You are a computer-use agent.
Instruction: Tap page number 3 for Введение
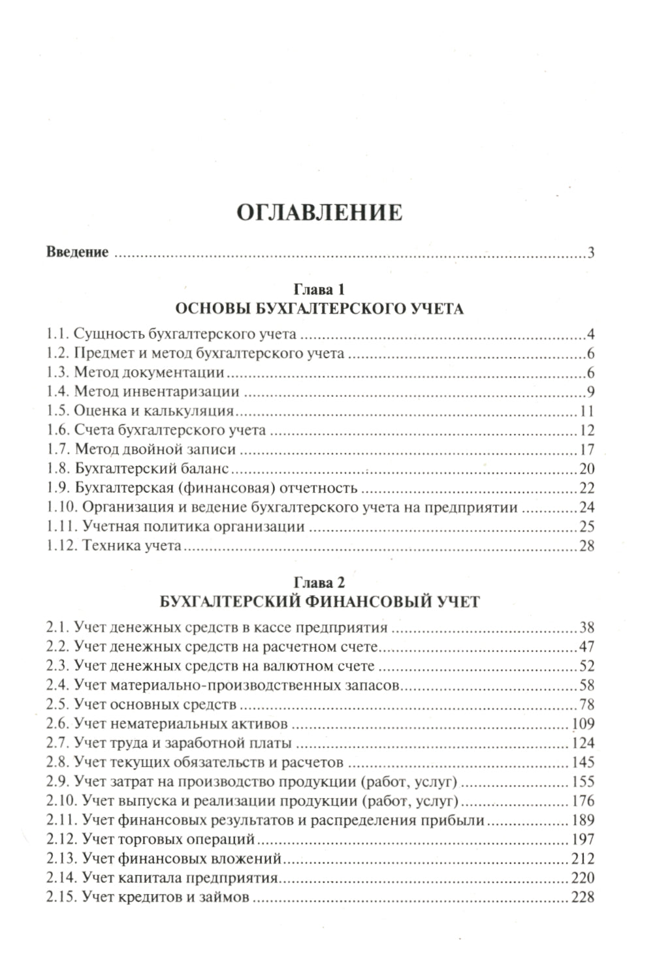click(590, 253)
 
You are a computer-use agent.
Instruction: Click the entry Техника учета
click(131, 546)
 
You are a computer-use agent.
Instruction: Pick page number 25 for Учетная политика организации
click(586, 526)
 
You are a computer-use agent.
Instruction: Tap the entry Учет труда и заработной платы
click(183, 743)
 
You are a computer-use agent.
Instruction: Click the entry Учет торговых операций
click(168, 839)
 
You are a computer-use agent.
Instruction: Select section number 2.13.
click(61, 859)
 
